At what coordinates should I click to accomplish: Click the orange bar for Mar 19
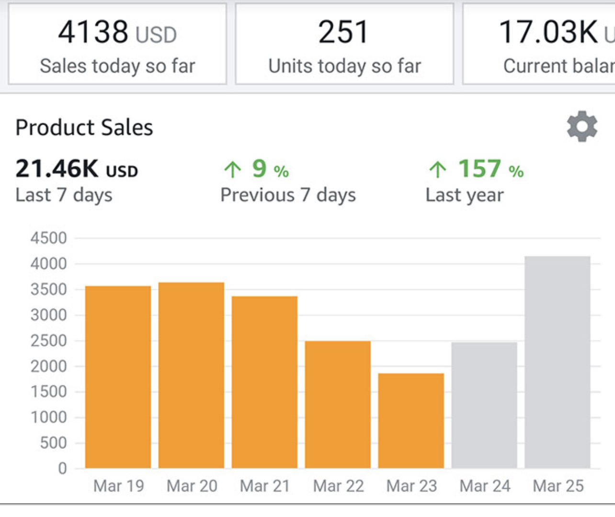(118, 377)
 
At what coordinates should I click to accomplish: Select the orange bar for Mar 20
(191, 375)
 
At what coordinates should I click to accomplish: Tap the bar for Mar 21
(264, 382)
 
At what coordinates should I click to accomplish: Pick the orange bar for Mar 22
(338, 404)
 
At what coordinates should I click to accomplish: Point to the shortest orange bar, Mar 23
(411, 421)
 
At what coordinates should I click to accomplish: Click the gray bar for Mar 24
(484, 405)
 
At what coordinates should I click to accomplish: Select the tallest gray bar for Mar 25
(558, 362)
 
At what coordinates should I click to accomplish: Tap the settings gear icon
(582, 127)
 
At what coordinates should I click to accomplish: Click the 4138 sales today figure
(93, 32)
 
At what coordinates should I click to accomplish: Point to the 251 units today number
(343, 32)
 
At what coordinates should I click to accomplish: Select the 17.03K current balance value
(548, 32)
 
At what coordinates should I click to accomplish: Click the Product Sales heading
(84, 128)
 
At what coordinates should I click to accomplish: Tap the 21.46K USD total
(77, 169)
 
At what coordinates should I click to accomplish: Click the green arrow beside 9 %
(233, 169)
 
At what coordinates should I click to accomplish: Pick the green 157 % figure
(479, 169)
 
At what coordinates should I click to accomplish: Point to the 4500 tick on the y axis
(49, 238)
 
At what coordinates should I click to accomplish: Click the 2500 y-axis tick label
(49, 341)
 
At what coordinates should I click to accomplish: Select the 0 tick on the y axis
(62, 468)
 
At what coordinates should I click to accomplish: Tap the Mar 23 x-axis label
(411, 486)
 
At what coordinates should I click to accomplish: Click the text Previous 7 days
(288, 195)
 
